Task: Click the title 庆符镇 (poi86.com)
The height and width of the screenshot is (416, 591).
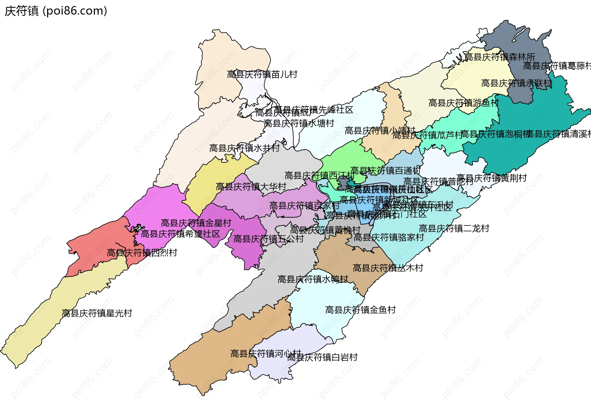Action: (x=56, y=11)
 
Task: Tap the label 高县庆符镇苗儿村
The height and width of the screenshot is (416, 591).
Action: (x=262, y=74)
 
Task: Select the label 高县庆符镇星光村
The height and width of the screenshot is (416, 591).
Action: (x=97, y=313)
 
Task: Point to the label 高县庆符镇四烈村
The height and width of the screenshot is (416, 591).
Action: (x=142, y=253)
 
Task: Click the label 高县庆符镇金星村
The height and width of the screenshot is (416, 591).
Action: (x=196, y=223)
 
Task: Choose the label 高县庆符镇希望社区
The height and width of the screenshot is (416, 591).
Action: (x=180, y=234)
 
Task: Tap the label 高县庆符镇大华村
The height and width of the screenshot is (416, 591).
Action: (x=251, y=187)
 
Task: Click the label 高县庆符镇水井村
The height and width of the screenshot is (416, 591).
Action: (x=244, y=148)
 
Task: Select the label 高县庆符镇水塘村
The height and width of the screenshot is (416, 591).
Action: (x=299, y=123)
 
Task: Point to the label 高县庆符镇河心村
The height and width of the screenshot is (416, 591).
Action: (x=266, y=354)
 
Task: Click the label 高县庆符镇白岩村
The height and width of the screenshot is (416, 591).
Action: (x=322, y=357)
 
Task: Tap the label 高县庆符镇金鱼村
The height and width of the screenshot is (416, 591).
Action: (x=360, y=310)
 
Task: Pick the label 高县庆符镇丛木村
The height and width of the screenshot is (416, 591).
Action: (x=388, y=268)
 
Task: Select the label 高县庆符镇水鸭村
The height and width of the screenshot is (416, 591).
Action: (x=313, y=279)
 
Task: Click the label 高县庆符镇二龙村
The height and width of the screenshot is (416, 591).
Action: (x=454, y=229)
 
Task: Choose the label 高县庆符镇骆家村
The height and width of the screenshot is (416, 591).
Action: (x=389, y=238)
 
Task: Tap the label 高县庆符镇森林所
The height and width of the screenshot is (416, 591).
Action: (x=500, y=57)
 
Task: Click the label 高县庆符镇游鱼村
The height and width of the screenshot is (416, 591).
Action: (x=464, y=103)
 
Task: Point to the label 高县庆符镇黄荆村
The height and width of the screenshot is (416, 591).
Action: (x=492, y=178)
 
